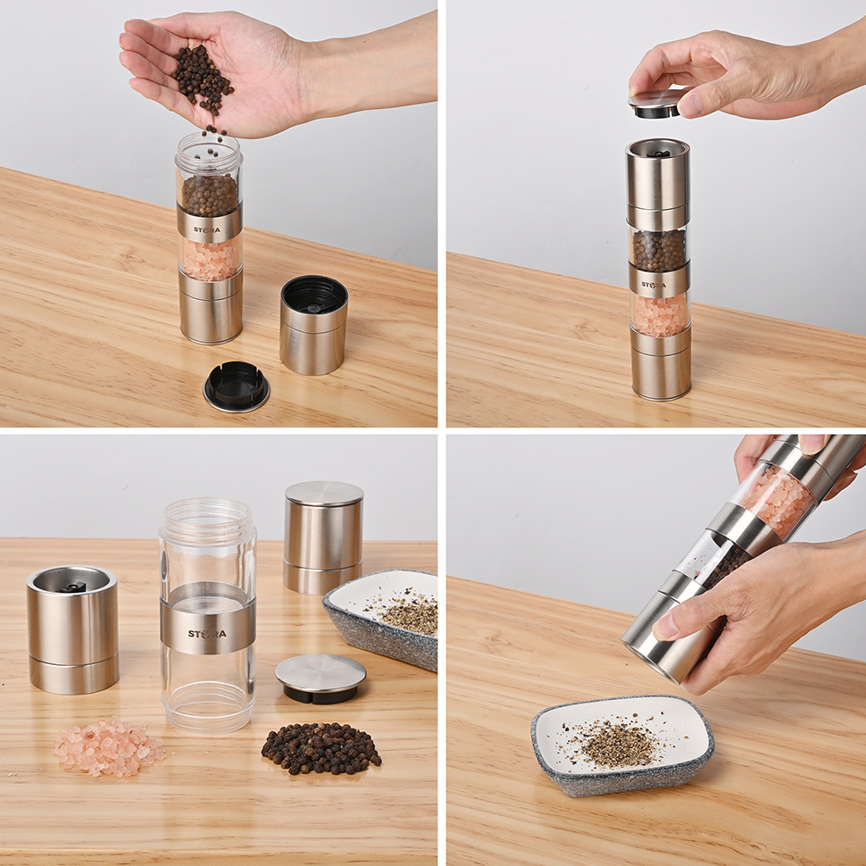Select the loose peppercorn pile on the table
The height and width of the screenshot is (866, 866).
(x=321, y=748)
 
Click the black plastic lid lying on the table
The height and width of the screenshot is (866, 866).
(x=237, y=386)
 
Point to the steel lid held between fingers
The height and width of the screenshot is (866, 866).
(x=657, y=104)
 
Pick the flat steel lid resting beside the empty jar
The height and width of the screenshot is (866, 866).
(x=321, y=678)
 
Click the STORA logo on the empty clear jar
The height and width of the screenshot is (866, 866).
(x=207, y=634)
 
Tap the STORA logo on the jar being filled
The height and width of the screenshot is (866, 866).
(x=207, y=229)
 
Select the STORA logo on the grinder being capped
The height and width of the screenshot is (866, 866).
(x=655, y=285)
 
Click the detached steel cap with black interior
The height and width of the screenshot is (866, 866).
(x=313, y=323)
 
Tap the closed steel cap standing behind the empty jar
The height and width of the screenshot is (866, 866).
(x=323, y=536)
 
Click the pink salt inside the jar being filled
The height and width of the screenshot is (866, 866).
(x=209, y=259)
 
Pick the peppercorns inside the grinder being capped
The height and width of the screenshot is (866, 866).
(x=658, y=250)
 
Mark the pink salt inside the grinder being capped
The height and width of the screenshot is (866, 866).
(x=660, y=315)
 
